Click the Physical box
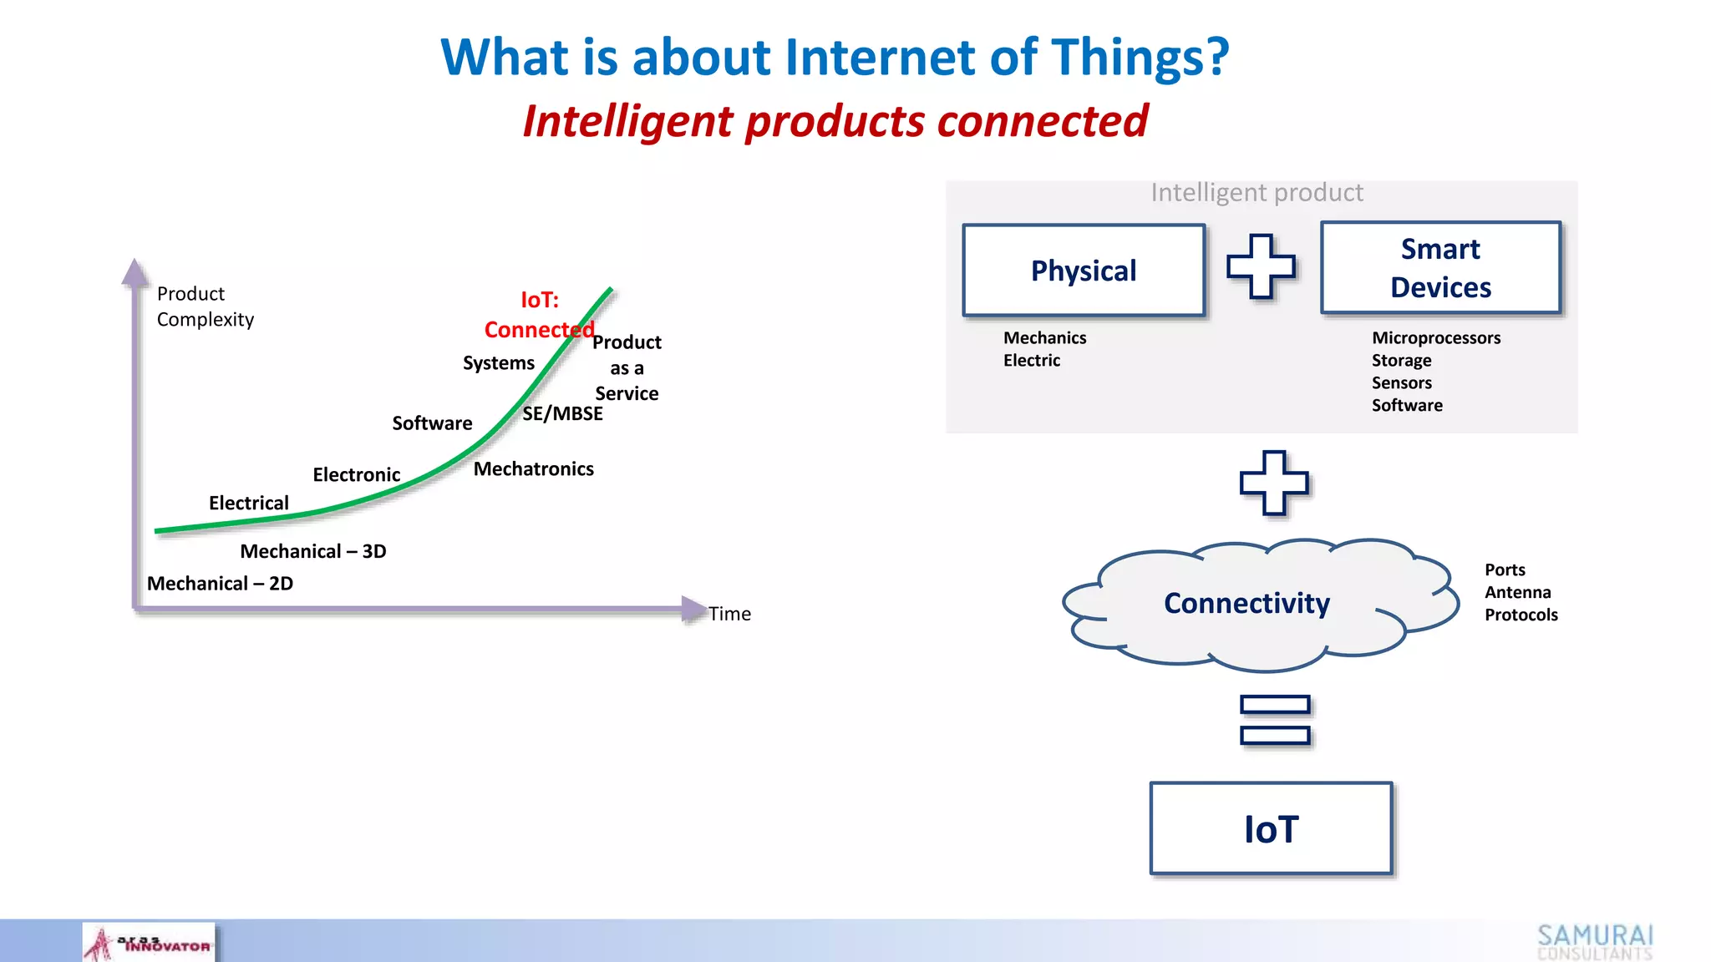click(x=1083, y=271)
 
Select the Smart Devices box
click(x=1440, y=268)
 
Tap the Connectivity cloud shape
click(x=1246, y=603)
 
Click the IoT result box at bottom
click(x=1271, y=828)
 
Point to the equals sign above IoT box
click(x=1275, y=720)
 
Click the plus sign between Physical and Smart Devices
click(x=1261, y=266)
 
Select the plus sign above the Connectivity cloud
click(x=1274, y=483)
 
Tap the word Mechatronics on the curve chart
click(x=533, y=469)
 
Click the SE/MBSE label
click(x=562, y=413)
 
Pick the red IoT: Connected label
click(x=539, y=315)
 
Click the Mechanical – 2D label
click(x=220, y=584)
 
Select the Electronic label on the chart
click(x=356, y=475)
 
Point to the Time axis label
click(x=729, y=614)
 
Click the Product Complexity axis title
click(x=205, y=306)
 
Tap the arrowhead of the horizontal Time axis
click(x=693, y=609)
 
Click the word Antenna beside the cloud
click(x=1517, y=592)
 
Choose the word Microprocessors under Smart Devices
click(x=1435, y=338)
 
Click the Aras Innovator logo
click(x=149, y=943)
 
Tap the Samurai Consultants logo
click(x=1594, y=942)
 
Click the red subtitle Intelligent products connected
click(x=835, y=121)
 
